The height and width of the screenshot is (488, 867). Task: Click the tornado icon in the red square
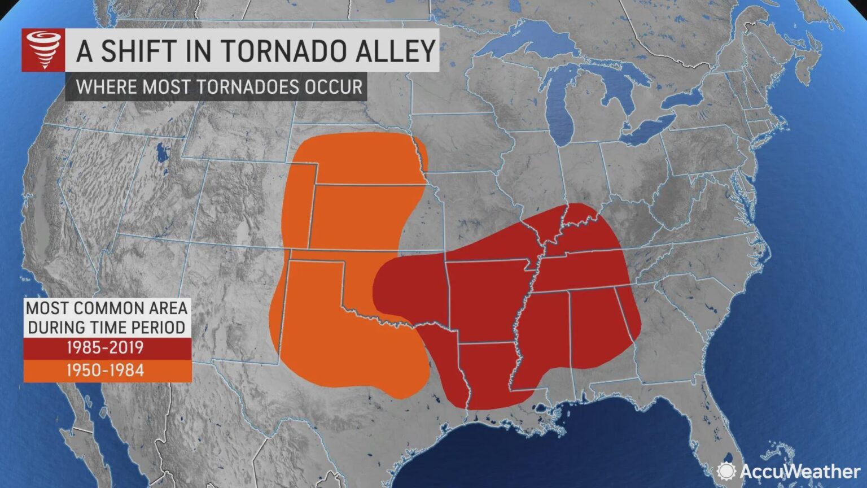click(43, 51)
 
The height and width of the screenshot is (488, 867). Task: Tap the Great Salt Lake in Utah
click(162, 152)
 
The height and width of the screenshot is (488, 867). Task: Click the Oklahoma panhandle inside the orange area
click(316, 268)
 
